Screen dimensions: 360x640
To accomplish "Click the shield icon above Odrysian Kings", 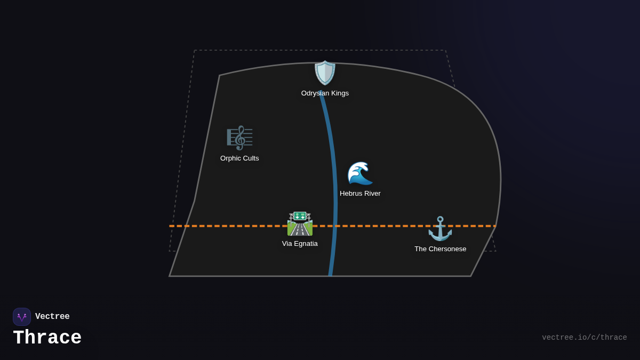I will point(325,73).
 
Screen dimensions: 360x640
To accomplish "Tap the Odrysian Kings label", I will point(325,93).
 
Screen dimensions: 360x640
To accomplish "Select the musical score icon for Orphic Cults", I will point(239,138).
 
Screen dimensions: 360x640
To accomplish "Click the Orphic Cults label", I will point(239,158).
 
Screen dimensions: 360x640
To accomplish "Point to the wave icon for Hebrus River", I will point(360,173).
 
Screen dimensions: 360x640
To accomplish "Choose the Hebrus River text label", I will point(360,194).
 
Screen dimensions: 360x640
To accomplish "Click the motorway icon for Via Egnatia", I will point(300,224).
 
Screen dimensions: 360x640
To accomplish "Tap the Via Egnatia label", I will point(300,244).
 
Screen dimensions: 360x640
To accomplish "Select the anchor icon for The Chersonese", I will point(440,229).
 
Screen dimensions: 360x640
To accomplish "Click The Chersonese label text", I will point(441,249).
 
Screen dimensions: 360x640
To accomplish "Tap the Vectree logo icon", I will point(22,317).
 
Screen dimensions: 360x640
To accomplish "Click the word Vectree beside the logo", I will point(52,317).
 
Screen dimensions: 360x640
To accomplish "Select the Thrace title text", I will point(47,338).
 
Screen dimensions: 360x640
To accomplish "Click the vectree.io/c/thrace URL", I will point(585,338).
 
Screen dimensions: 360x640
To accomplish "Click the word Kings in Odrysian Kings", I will point(339,93).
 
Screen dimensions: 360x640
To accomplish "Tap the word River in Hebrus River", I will point(371,194).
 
